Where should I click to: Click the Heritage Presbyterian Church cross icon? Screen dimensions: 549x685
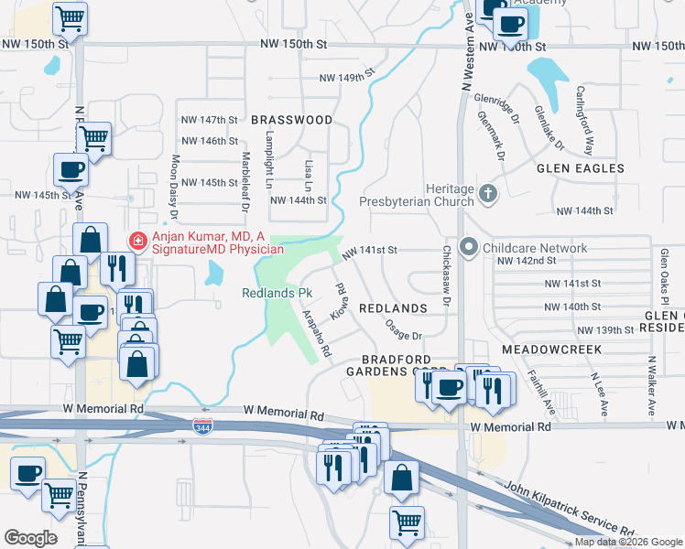coord(488,192)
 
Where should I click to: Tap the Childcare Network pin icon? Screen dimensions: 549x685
coord(470,248)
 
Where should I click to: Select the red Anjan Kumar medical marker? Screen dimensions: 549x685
coord(137,242)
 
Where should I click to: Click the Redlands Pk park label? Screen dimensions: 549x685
coord(278,294)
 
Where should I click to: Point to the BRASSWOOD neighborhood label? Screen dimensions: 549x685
coord(292,120)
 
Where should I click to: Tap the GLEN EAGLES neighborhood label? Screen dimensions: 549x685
coord(581,168)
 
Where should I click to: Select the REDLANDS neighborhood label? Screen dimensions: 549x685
coord(394,308)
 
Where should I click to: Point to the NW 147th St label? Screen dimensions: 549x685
coord(210,120)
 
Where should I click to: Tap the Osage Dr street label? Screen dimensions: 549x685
coord(403,329)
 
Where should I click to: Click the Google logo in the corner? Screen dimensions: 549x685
coord(30,537)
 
